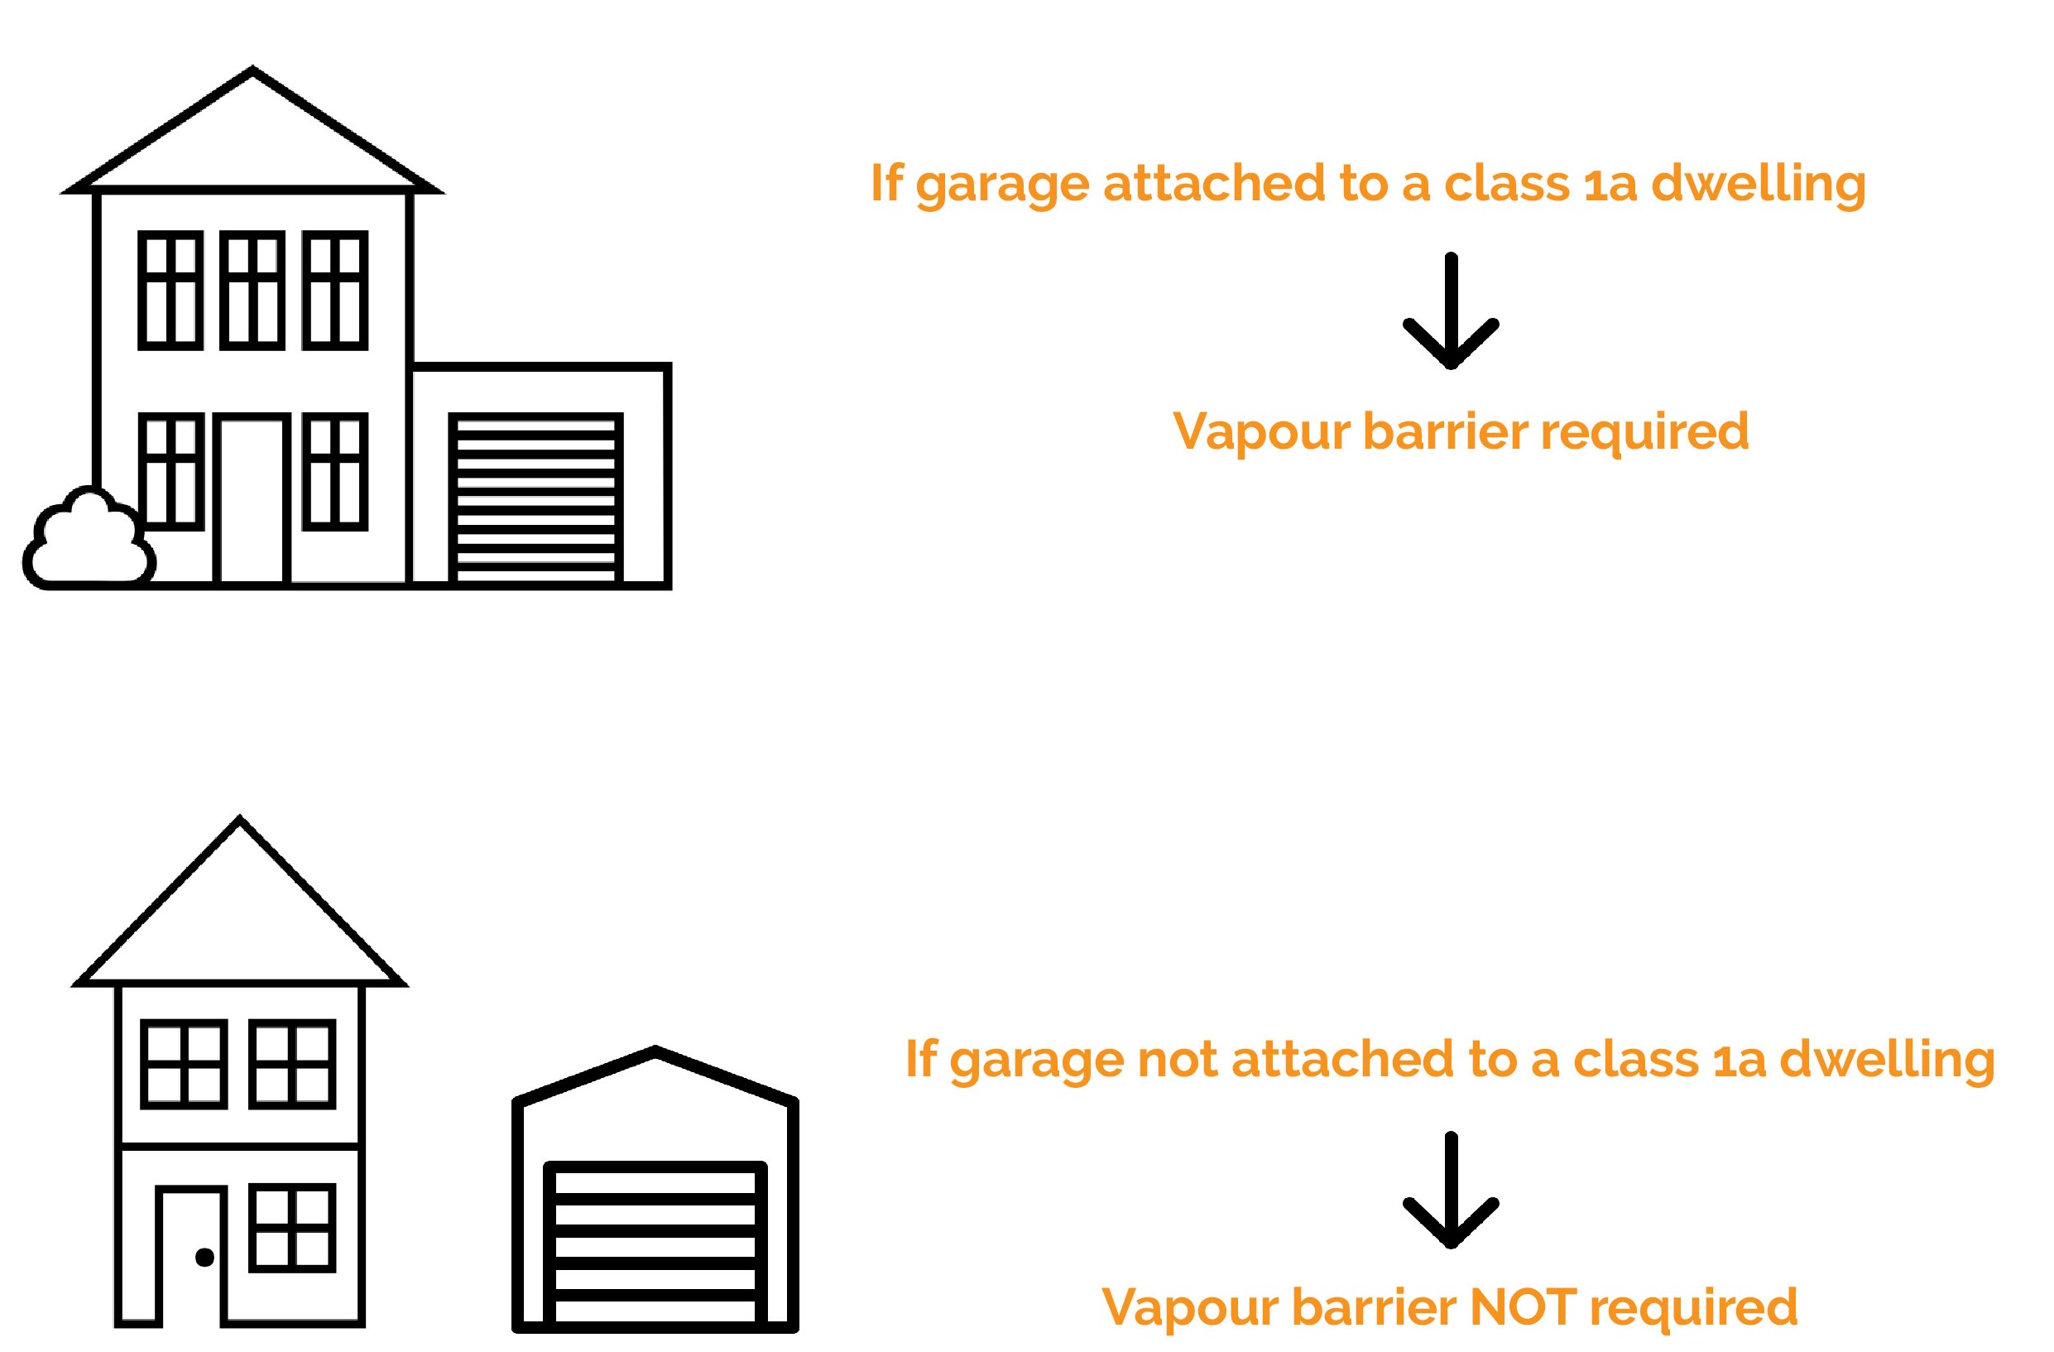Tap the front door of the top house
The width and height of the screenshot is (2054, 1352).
pos(251,501)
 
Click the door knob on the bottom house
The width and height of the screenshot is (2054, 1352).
pos(204,1257)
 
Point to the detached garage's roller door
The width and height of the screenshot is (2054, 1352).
pos(655,1244)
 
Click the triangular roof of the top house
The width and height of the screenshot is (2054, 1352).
pos(252,138)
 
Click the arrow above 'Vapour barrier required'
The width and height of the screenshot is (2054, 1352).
pos(1451,310)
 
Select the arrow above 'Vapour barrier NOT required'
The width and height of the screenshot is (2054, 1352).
pos(1451,1190)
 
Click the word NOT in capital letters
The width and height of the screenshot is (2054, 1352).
pos(1524,1307)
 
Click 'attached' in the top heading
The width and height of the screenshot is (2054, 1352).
pos(1212,183)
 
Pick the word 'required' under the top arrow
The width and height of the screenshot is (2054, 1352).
pos(1644,431)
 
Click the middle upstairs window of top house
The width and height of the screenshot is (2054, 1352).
pos(252,290)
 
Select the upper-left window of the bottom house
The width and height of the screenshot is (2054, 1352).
pos(184,1064)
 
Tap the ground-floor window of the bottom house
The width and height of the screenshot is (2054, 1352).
pos(293,1228)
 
